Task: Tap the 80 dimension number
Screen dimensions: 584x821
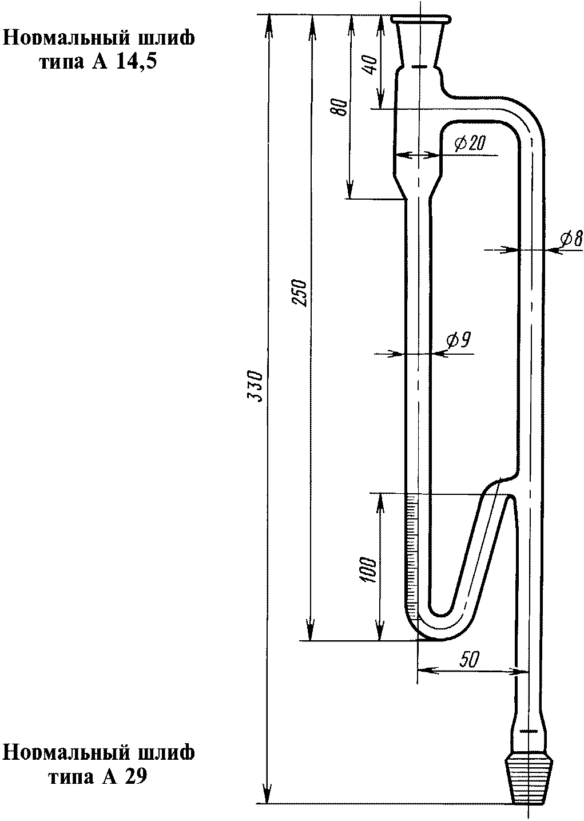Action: (x=340, y=107)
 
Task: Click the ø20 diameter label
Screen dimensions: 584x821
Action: (x=470, y=143)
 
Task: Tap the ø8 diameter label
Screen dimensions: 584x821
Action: (x=571, y=239)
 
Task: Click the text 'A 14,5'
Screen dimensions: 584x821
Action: (x=121, y=62)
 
